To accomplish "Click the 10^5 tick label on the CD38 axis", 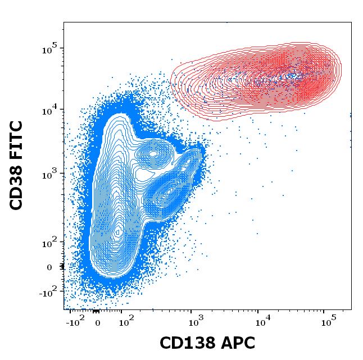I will pos(50,49).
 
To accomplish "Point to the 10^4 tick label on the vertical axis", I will pos(50,111).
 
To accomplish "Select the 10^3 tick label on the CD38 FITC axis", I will pos(50,175).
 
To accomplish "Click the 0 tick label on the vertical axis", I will pos(49,267).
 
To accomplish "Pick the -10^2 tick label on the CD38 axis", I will pos(48,292).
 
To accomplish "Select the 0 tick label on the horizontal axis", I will pos(98,323).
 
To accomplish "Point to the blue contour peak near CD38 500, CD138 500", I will pos(167,193).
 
